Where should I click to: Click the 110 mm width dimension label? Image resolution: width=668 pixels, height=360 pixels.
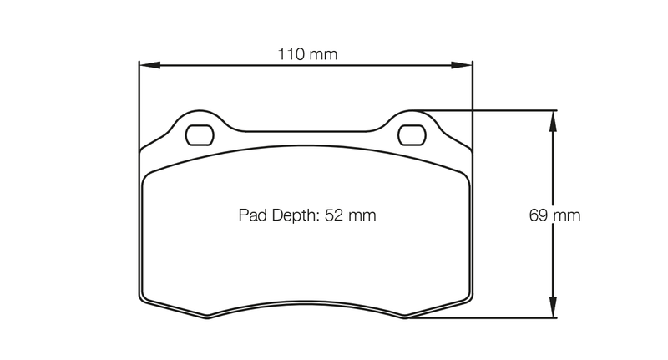click(306, 55)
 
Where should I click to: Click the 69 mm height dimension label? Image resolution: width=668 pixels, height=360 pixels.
click(554, 215)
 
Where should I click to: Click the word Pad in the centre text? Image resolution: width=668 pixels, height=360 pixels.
click(252, 215)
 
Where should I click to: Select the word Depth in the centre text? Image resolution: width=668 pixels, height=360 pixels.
click(292, 215)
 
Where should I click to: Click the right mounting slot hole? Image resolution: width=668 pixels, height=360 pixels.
click(411, 134)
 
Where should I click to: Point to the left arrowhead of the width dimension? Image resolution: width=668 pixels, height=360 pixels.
click(144, 64)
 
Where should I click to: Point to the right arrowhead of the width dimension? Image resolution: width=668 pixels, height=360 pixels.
click(467, 64)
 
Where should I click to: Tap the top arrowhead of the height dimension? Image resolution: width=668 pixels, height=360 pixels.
click(552, 118)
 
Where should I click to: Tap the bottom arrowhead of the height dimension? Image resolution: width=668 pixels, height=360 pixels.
click(552, 311)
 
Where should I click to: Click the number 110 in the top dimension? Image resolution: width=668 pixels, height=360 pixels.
click(291, 55)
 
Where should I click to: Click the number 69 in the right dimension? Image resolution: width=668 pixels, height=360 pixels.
click(539, 215)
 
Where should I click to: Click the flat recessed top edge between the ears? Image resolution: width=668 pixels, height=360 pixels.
click(306, 131)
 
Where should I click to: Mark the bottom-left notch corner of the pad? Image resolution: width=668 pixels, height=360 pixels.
click(206, 317)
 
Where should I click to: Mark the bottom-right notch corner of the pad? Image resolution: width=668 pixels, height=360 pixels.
click(406, 317)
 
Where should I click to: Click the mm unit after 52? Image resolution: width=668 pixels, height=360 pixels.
click(362, 215)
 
